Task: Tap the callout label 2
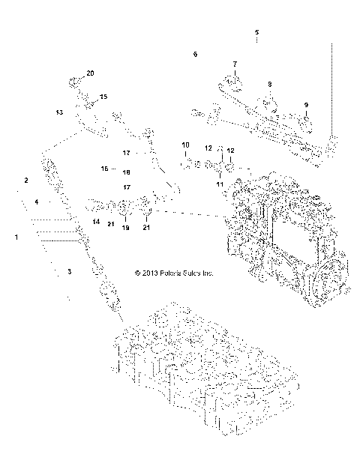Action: (26, 181)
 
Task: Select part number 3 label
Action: (69, 271)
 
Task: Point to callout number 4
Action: (35, 202)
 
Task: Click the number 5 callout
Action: (256, 32)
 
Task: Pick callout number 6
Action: (195, 55)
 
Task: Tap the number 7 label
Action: (234, 64)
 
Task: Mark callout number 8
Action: (270, 84)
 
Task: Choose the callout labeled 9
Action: (306, 103)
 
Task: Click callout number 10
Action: (185, 144)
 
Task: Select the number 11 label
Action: (220, 183)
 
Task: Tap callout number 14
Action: (96, 222)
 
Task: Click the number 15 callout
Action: (103, 97)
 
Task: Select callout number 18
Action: (127, 172)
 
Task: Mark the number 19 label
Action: (125, 228)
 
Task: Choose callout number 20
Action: (91, 73)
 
